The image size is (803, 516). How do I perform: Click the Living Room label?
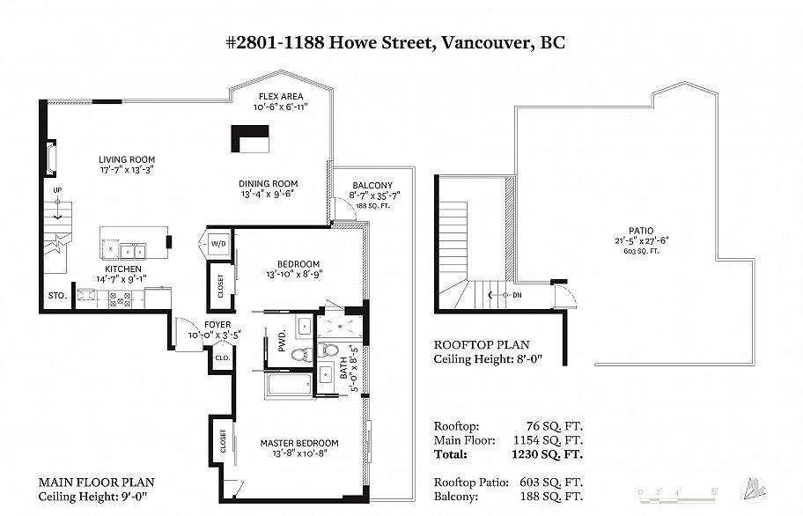coord(127,159)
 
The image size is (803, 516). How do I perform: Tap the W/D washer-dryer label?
coord(218,244)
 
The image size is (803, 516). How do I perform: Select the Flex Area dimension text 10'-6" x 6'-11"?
coord(281,107)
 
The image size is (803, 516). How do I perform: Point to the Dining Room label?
coord(268,184)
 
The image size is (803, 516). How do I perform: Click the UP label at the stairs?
coord(57,190)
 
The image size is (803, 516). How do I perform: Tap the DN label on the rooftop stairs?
coord(517,295)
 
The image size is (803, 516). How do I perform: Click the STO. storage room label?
coord(57,295)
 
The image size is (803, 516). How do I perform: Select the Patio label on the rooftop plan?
coord(641,231)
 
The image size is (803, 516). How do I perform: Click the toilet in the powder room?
coord(302,354)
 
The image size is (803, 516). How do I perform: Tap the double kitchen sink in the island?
coord(133,251)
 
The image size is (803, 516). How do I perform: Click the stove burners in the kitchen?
coord(121,300)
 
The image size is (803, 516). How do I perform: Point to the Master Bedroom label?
coord(299,443)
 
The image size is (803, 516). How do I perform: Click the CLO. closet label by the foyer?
coord(223,358)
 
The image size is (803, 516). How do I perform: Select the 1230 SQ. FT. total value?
coord(547,454)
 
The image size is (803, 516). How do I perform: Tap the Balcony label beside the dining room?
coord(372,185)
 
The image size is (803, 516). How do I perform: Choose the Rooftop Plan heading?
coord(482,344)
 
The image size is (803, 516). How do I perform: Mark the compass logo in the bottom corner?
coord(753,490)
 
